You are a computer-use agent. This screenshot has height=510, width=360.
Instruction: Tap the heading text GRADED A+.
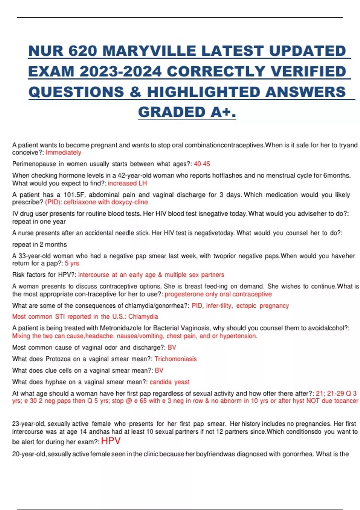pos(187,112)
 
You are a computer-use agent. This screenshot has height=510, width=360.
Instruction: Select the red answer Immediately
pos(63,153)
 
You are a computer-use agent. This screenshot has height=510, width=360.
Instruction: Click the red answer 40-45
pos(202,164)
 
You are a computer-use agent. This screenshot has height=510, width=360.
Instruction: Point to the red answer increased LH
pos(127,183)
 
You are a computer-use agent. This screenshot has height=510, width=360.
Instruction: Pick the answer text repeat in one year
pos(39,222)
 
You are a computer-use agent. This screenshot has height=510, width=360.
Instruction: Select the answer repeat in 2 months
pos(39,244)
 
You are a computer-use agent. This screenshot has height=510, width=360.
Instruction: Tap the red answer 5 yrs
pos(72,263)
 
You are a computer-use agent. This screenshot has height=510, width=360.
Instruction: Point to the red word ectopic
pos(246,306)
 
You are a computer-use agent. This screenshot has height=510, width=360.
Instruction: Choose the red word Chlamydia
pos(143,317)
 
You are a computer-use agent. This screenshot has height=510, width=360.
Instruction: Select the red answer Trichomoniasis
pos(175,359)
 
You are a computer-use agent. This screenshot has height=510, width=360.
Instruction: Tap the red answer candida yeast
pos(169,382)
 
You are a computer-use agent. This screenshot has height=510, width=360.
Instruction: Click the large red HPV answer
pos(111,441)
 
